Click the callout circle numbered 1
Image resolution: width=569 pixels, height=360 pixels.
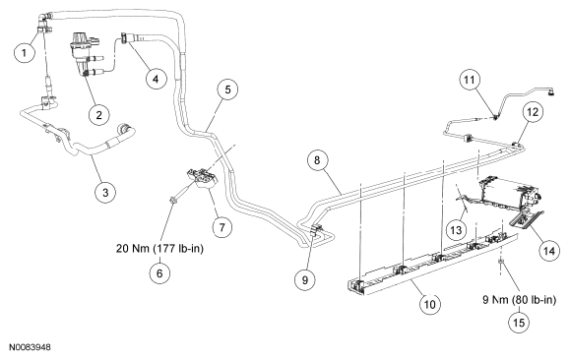(25, 52)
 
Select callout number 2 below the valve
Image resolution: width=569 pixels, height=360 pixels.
(99, 115)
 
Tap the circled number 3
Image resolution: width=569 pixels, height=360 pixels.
(105, 192)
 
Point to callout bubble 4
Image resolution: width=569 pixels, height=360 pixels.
(157, 79)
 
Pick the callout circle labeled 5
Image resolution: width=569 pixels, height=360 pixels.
(227, 90)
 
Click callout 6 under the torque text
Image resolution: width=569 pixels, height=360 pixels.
(160, 273)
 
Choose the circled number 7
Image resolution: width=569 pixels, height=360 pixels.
(222, 227)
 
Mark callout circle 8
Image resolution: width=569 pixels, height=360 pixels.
(317, 160)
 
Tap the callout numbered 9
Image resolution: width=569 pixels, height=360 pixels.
(305, 279)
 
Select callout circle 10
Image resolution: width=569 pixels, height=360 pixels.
(429, 304)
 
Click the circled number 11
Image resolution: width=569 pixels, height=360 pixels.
(470, 80)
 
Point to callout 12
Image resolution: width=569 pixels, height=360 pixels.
(533, 112)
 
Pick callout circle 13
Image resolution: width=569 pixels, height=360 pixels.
(456, 230)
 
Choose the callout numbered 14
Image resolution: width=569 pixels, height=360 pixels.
(549, 251)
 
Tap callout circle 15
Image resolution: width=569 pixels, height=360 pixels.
(519, 322)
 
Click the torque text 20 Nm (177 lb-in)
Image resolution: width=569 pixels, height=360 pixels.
(160, 249)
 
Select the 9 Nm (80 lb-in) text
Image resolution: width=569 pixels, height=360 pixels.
(519, 300)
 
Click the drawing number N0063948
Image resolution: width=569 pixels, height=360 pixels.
(31, 347)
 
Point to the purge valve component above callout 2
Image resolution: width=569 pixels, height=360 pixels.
(85, 54)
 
